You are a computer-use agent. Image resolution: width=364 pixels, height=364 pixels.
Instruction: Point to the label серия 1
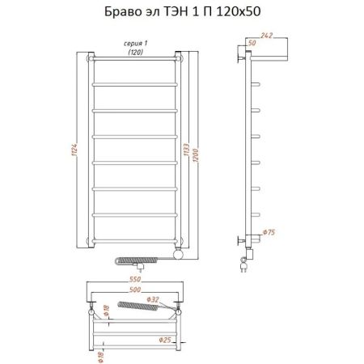pyautogui.click(x=133, y=44)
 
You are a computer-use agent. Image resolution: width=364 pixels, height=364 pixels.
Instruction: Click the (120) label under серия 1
pyautogui.click(x=133, y=53)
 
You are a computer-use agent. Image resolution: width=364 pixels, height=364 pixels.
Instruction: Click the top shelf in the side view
pyautogui.click(x=271, y=57)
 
